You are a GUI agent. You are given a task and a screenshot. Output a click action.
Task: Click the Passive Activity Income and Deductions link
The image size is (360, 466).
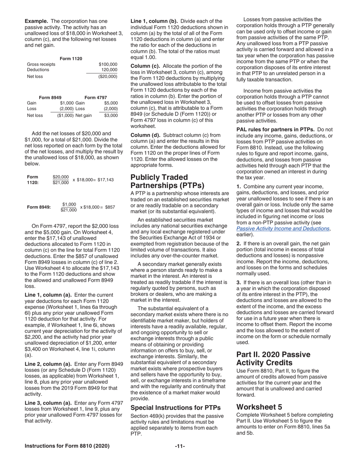coord(283,228)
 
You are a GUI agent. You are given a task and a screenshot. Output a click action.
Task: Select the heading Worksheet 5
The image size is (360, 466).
coord(259,407)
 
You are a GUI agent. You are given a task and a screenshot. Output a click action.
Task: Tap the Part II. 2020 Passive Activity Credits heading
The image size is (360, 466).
coord(273,359)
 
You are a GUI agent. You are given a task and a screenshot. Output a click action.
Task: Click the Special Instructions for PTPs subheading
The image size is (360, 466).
coord(175,408)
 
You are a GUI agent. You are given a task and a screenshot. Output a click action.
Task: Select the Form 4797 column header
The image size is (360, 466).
coord(95,97)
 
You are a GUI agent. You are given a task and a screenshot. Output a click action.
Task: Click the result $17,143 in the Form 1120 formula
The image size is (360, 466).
coord(105,180)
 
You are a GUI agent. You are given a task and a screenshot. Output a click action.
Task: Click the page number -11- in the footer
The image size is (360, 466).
coord(180,446)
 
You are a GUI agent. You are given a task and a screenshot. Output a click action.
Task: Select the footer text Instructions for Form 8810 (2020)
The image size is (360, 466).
coord(67,446)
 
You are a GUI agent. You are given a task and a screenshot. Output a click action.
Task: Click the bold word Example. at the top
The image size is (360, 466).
coord(36,21)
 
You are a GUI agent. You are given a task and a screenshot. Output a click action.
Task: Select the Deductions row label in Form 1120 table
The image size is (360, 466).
coord(38,70)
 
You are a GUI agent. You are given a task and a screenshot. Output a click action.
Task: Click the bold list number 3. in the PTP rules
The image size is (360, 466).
coord(239,282)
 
